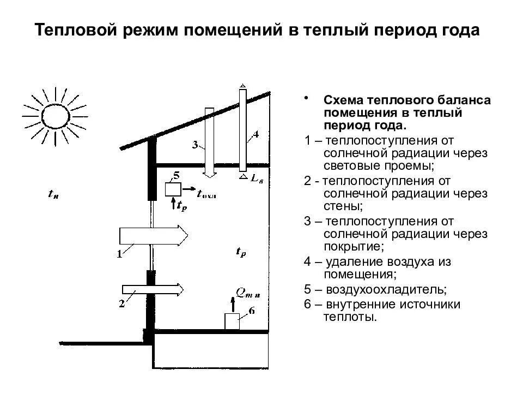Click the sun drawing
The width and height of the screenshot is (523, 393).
pyautogui.click(x=55, y=115)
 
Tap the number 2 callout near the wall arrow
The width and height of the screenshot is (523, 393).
pyautogui.click(x=121, y=304)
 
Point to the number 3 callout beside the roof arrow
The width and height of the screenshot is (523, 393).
pyautogui.click(x=194, y=145)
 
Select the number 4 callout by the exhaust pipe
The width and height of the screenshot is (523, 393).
pyautogui.click(x=256, y=134)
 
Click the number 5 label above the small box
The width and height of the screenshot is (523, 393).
pyautogui.click(x=175, y=175)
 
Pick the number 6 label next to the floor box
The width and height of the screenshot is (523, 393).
pyautogui.click(x=251, y=311)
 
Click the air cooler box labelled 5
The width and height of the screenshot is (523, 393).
pyautogui.click(x=173, y=189)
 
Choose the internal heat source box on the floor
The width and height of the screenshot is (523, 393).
pyautogui.click(x=232, y=321)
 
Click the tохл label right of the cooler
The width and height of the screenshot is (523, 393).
pyautogui.click(x=206, y=192)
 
